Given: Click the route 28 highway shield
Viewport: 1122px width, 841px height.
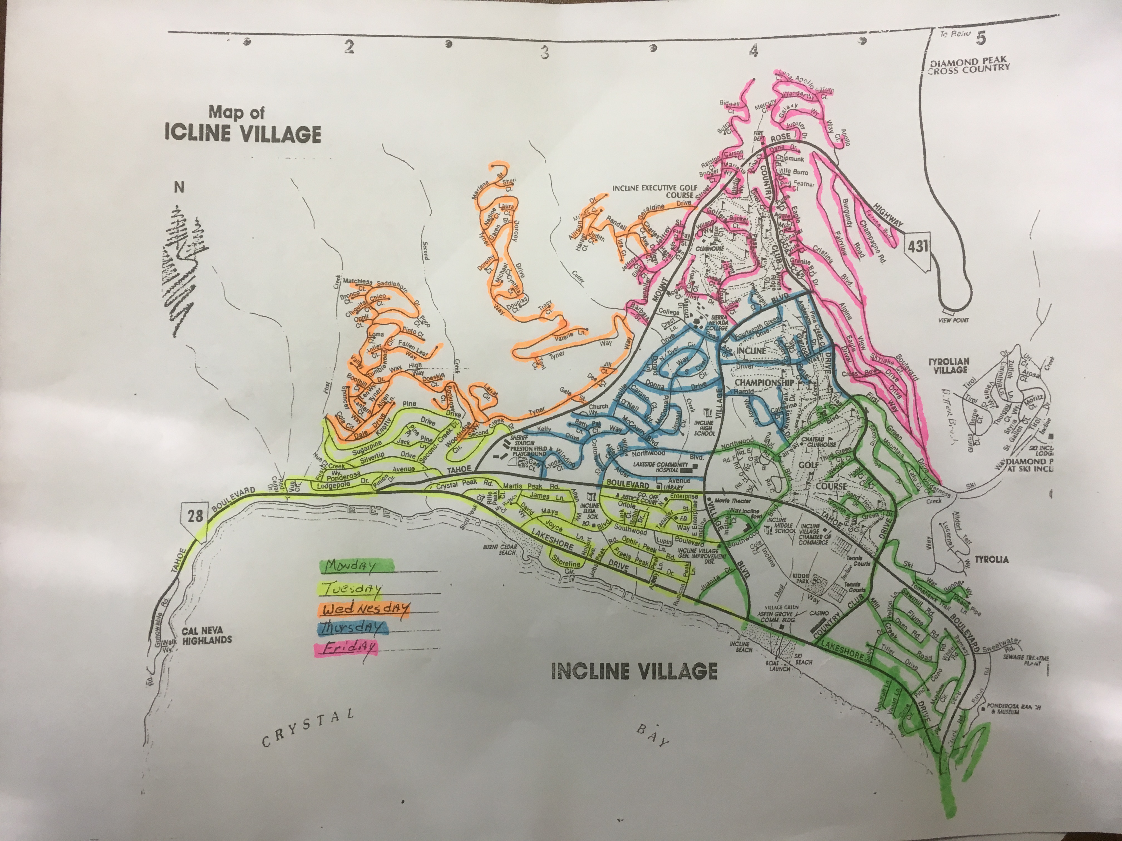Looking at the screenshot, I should coord(195,516).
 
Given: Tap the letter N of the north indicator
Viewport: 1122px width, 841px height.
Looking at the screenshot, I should coord(179,187).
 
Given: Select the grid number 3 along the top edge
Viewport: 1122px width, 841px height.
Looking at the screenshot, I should coord(544,52).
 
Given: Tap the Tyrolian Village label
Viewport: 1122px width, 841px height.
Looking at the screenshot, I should coord(949,365).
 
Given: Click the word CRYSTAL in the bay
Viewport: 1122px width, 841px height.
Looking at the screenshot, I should coord(308,728).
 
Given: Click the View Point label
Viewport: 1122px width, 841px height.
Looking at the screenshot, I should coord(953,320).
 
